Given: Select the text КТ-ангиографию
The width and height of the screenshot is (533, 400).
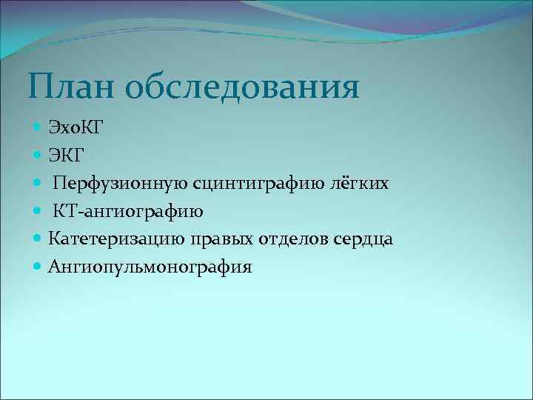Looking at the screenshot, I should [128, 212].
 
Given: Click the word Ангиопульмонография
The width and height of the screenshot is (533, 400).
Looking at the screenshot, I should [150, 267].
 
